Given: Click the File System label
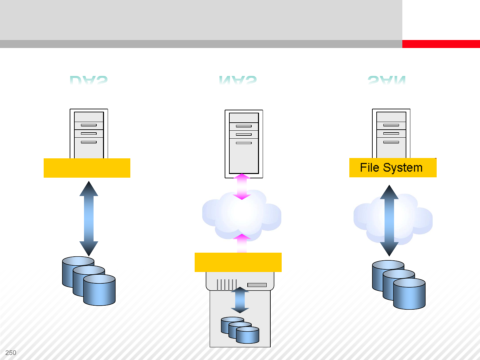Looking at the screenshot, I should pos(391,168).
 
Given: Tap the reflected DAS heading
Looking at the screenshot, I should pos(89,80).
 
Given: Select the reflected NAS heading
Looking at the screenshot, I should pos(238,80).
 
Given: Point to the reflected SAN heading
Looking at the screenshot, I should pos(387,80).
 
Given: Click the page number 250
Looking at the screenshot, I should pos(11,353).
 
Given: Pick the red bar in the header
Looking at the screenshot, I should pos(441,44).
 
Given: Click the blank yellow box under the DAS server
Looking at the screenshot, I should pos(87,168).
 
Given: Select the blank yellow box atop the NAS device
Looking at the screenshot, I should pos(238,262).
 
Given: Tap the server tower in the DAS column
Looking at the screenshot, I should pos(89,133).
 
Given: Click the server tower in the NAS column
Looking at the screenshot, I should pos(244,143).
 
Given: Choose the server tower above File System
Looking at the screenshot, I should pos(391,133).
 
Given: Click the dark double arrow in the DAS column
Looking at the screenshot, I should pos(89,218).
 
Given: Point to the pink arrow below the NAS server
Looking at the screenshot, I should pos(242,187).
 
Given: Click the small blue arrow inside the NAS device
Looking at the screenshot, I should pos(240,300).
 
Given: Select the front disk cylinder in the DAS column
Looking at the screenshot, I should pos(99,290).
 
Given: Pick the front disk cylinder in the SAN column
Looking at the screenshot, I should pos(409,294).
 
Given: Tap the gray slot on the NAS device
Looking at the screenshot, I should pos(257,285).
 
